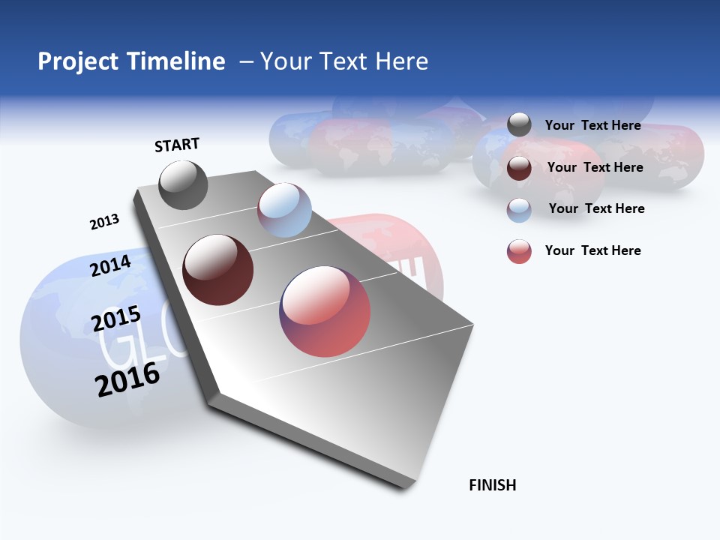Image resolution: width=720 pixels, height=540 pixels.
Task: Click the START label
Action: (x=177, y=145)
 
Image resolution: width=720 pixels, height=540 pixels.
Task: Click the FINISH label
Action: (x=492, y=485)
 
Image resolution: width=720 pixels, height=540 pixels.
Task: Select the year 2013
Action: (x=104, y=222)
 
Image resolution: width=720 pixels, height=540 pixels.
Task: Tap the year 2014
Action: (x=111, y=265)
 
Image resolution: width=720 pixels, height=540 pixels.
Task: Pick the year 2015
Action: (x=116, y=319)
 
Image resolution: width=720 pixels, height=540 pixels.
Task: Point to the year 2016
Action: (x=127, y=379)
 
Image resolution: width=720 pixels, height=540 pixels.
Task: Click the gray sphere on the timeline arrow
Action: (x=183, y=185)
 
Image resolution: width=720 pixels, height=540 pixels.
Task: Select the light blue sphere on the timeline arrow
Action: (x=284, y=210)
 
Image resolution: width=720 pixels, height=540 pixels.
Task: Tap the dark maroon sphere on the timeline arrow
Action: (x=218, y=270)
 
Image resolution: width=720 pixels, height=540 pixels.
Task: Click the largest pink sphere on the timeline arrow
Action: (x=325, y=311)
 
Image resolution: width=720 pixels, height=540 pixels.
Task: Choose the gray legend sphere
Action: (x=519, y=125)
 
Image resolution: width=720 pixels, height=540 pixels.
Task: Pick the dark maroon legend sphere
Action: (x=519, y=168)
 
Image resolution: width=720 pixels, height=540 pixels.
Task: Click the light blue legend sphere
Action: (x=519, y=210)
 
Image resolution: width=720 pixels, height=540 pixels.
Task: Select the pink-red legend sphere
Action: (x=519, y=251)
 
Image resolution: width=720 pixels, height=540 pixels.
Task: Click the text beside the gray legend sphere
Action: (x=592, y=125)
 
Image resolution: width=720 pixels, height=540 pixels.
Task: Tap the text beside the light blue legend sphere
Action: (x=596, y=208)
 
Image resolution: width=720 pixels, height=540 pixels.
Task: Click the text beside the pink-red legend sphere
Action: (x=592, y=250)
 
